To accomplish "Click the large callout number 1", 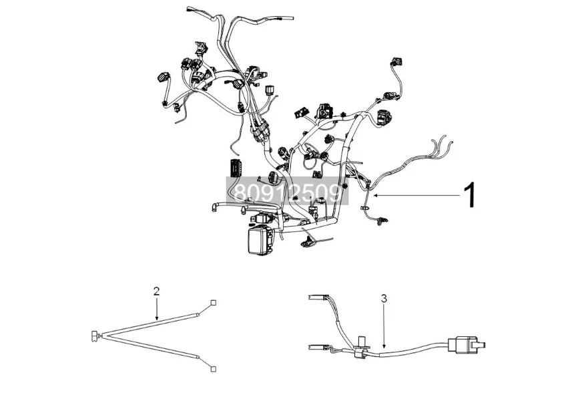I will pyautogui.click(x=470, y=194).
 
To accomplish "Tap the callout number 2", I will pyautogui.click(x=156, y=291).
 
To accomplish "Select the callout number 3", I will pyautogui.click(x=384, y=299).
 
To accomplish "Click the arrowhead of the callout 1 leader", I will pyautogui.click(x=374, y=194).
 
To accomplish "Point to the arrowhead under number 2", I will pyautogui.click(x=156, y=318).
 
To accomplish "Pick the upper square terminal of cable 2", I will pyautogui.click(x=214, y=301).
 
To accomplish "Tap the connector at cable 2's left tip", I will pyautogui.click(x=94, y=334).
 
